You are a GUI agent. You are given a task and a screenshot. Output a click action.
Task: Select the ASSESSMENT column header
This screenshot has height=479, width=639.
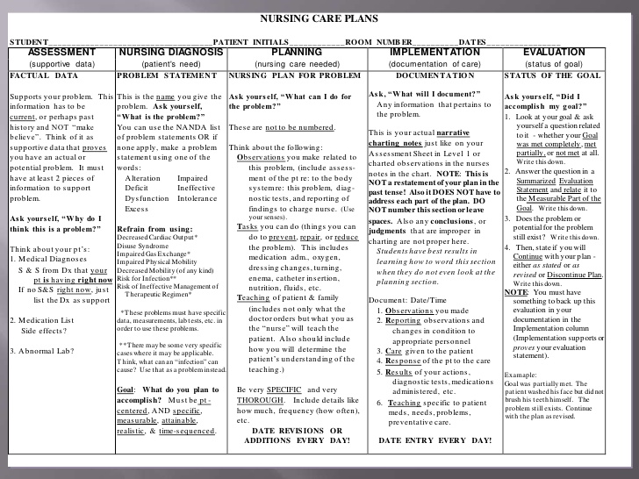[61, 53]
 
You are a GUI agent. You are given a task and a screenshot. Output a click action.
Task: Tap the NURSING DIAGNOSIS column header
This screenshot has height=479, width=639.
[170, 53]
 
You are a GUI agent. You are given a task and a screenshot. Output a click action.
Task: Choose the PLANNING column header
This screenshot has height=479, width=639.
[296, 53]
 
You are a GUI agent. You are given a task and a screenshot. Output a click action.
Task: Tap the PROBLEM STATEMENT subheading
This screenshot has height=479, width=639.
[157, 76]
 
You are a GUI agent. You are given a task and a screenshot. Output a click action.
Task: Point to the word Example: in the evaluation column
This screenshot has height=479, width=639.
[521, 375]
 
